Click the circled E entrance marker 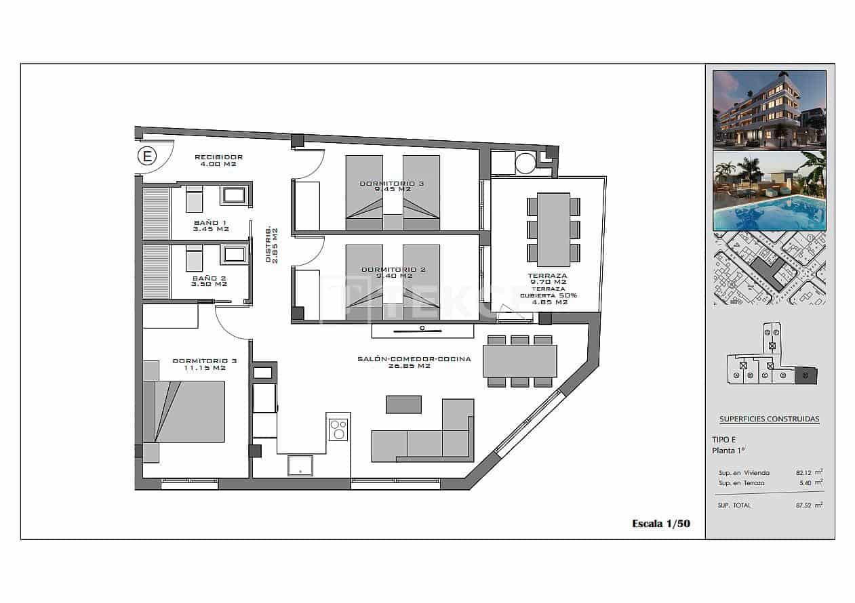pyautogui.click(x=146, y=157)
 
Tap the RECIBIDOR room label pyautogui.click(x=218, y=157)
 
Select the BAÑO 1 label pyautogui.click(x=210, y=222)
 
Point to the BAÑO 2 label pyautogui.click(x=210, y=278)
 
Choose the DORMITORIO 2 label pyautogui.click(x=393, y=269)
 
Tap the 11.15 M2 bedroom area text pyautogui.click(x=199, y=368)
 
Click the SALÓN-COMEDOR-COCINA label pyautogui.click(x=414, y=359)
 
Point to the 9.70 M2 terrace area pyautogui.click(x=548, y=282)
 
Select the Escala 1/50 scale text pyautogui.click(x=660, y=523)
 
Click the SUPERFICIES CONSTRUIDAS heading pyautogui.click(x=769, y=419)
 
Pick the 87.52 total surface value pyautogui.click(x=804, y=505)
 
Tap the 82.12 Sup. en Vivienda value pyautogui.click(x=804, y=473)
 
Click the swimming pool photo pyautogui.click(x=770, y=191)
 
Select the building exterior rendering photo pyautogui.click(x=770, y=109)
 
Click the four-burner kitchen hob pyautogui.click(x=338, y=430)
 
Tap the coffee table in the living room pyautogui.click(x=403, y=404)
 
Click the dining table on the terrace pyautogui.click(x=553, y=230)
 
